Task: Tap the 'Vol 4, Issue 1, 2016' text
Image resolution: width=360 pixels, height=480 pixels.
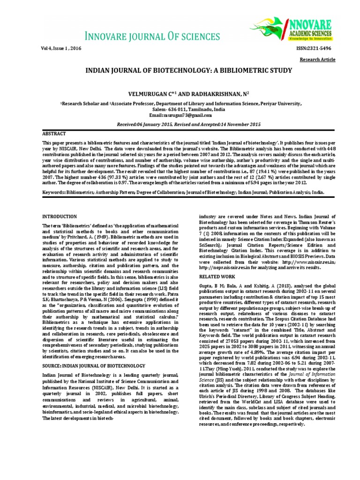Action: [x=59, y=49]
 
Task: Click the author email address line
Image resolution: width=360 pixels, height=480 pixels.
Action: [x=180, y=115]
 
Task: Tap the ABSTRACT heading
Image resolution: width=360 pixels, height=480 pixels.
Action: [x=54, y=134]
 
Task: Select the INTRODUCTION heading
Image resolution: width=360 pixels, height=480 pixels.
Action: [x=60, y=217]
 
